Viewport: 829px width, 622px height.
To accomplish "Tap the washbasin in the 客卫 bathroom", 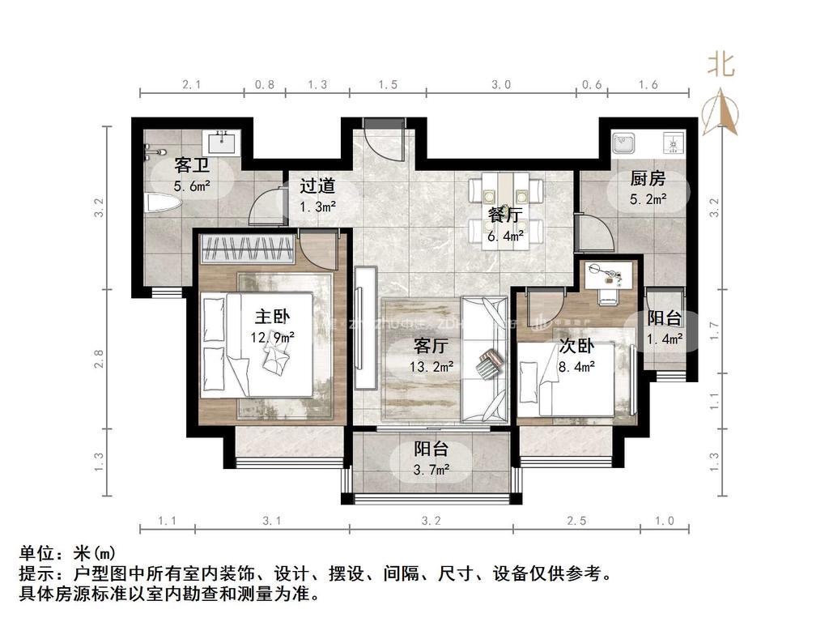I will click(221, 144).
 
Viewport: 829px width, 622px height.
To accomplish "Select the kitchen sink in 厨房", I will click(624, 143).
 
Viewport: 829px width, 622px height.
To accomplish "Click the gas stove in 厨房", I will click(673, 143).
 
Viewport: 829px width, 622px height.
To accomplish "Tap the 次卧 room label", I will click(577, 347).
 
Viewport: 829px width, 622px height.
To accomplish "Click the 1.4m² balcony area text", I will click(665, 339).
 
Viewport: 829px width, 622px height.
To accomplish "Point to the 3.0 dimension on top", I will click(501, 84).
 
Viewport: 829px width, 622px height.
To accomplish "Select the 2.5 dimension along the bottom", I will click(576, 521).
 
